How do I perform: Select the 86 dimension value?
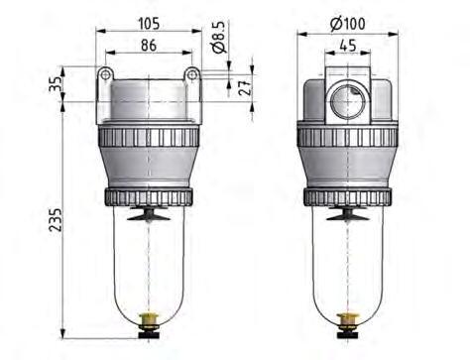coord(149,45)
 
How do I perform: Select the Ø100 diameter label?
coord(348,23)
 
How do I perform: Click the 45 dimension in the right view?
coord(348,45)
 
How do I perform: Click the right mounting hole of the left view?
coord(190,75)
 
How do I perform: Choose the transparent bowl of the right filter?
coord(348,263)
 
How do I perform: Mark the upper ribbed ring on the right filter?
coord(348,137)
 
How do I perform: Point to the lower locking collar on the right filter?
coord(348,196)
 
